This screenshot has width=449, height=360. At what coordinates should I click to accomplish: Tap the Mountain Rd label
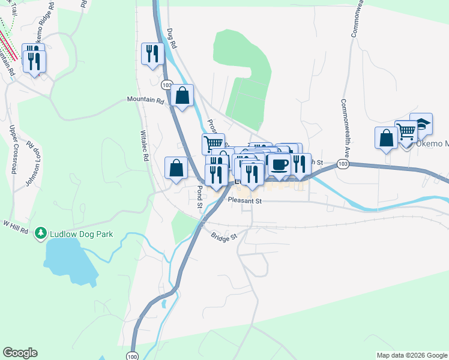pyautogui.click(x=145, y=101)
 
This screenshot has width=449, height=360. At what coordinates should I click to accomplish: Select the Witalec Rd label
pyautogui.click(x=144, y=147)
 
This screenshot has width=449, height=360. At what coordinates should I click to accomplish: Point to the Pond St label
pyautogui.click(x=200, y=196)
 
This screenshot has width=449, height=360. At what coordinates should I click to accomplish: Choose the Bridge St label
pyautogui.click(x=224, y=236)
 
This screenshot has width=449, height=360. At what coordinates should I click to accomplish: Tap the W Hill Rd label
pyautogui.click(x=16, y=226)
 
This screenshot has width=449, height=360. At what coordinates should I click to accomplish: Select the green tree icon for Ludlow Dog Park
pyautogui.click(x=41, y=232)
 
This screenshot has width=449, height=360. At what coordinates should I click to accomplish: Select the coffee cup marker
pyautogui.click(x=279, y=164)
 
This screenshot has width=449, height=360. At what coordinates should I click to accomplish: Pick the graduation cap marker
pyautogui.click(x=421, y=124)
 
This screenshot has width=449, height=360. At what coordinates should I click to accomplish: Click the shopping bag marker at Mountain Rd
pyautogui.click(x=181, y=95)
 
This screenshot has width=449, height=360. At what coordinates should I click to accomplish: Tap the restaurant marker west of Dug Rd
pyautogui.click(x=152, y=53)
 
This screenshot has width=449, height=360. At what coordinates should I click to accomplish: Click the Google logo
pyautogui.click(x=20, y=353)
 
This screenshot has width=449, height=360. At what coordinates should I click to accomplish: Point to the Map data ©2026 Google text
pyautogui.click(x=411, y=355)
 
